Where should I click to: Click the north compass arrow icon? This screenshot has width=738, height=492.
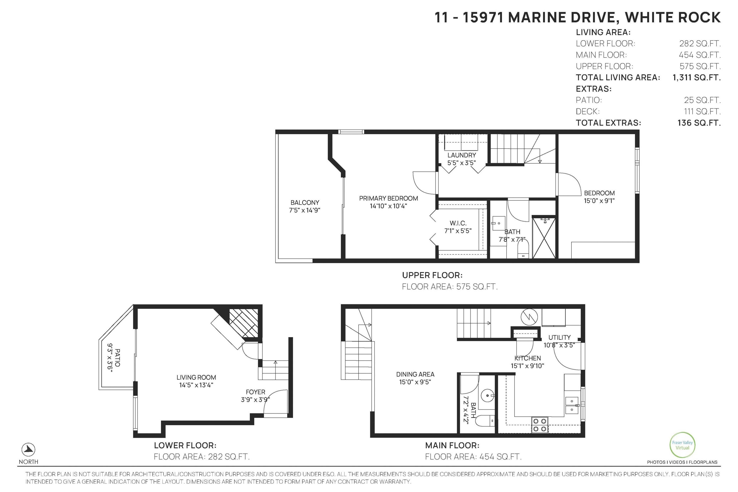click(28, 450)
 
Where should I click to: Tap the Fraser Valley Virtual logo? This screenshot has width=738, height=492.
click(682, 445)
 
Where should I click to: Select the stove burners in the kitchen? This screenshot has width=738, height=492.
click(540, 425)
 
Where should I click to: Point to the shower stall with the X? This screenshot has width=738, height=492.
click(544, 238)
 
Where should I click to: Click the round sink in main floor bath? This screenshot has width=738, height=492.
click(487, 395)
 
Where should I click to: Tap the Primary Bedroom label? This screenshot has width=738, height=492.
click(388, 198)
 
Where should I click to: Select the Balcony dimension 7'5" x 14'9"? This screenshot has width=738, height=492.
click(304, 210)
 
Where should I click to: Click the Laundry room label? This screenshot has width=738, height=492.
click(462, 155)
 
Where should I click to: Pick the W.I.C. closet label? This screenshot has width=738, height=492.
click(458, 223)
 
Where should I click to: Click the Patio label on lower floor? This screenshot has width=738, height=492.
click(117, 357)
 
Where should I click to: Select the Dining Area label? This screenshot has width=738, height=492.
click(415, 374)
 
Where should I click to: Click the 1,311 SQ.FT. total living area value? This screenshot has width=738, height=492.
click(696, 77)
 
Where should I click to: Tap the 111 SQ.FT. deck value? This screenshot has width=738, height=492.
click(702, 111)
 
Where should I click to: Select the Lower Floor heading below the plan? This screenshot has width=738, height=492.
click(185, 445)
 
